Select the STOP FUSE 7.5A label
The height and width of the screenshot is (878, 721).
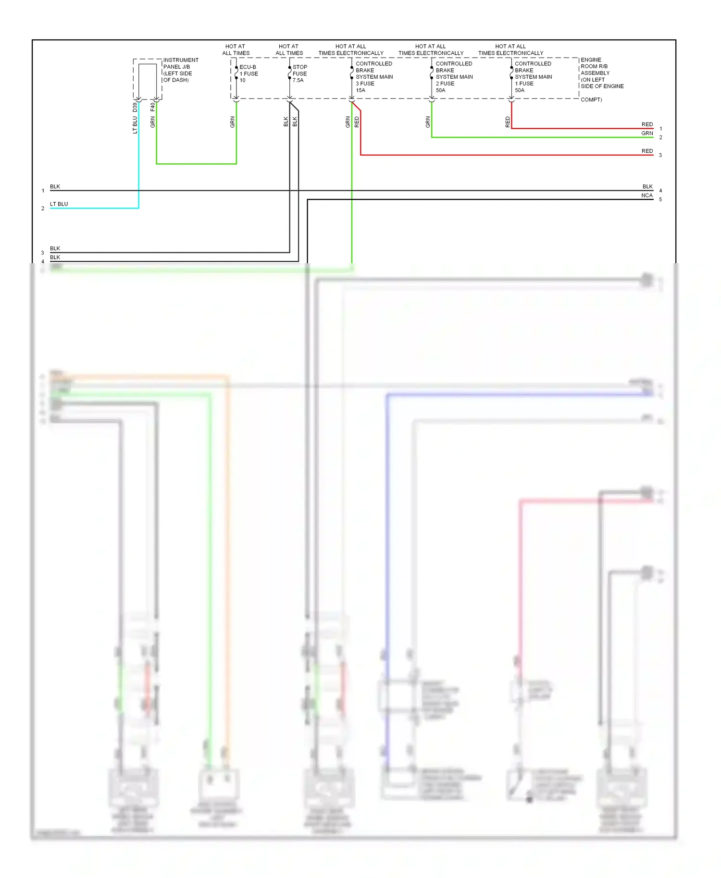299,73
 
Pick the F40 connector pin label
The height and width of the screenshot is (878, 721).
152,106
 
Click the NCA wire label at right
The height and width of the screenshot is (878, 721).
646,195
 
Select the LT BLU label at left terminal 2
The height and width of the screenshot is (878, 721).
59,204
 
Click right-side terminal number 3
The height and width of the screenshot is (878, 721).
660,155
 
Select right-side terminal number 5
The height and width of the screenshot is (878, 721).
660,199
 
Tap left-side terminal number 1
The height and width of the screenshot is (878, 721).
43,191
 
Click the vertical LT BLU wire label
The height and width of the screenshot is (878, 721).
135,125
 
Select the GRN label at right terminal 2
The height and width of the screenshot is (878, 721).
647,134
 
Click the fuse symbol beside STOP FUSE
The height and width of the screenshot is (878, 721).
289,73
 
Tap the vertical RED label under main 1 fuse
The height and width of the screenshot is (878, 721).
508,122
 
